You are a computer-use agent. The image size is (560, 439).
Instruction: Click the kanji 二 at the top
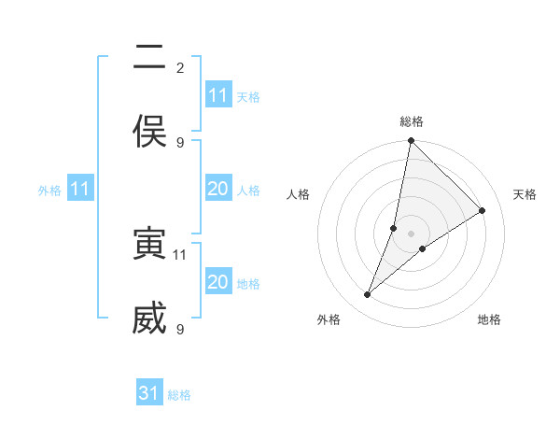coord(149,59)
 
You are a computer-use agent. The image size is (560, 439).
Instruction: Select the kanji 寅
coord(149,244)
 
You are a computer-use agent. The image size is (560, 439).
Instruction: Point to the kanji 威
coord(149,318)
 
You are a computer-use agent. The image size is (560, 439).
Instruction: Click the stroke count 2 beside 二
coord(180,68)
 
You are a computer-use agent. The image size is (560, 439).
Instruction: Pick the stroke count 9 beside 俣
coord(180,142)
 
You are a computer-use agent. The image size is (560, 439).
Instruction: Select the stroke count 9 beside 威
coord(180,329)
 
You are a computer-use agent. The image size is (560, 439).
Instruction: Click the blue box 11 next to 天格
coord(218,95)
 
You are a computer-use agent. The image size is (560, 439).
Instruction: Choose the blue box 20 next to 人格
coord(218,189)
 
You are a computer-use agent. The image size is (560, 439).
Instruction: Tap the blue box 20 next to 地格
coord(218,282)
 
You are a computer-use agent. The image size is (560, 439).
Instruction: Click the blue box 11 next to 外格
coord(80,189)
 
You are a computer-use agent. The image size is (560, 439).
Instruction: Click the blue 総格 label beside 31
coord(179,395)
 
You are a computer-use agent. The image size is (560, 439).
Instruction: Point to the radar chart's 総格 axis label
coord(412,121)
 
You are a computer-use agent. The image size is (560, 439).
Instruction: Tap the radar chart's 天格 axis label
coord(525,194)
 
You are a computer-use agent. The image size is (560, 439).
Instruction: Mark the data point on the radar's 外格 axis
coord(368,295)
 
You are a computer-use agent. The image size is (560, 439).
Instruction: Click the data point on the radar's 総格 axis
coord(412,141)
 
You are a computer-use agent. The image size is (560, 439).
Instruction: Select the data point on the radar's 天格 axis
coord(483,211)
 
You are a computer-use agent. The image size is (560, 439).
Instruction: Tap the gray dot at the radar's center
coord(412,234)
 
